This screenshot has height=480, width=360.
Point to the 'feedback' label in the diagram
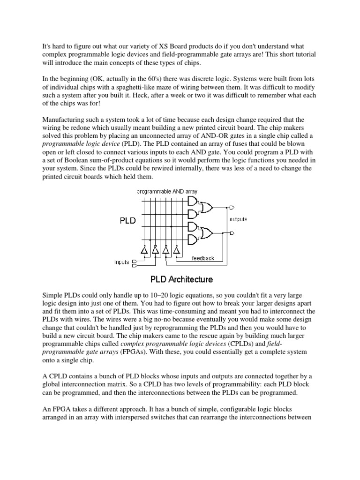[x=203, y=258]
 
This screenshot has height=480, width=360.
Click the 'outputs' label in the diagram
[x=238, y=219]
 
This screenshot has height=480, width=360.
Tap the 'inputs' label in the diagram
[x=122, y=262]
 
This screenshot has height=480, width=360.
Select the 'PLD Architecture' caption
[x=181, y=279]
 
